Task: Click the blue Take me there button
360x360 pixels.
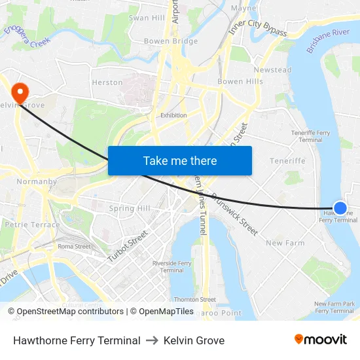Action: pos(180,161)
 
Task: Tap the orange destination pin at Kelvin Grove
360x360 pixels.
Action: pos(20,92)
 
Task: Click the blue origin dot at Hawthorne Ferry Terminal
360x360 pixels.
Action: pos(340,208)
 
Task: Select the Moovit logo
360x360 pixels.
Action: pos(320,340)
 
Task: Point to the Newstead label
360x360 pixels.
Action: pos(272,70)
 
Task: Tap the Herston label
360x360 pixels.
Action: pos(107,82)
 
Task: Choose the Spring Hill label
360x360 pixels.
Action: pos(130,209)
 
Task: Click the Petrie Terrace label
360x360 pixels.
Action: pos(32,225)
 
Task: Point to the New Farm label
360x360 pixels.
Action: pos(285,243)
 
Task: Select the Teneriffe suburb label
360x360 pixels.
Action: pos(288,161)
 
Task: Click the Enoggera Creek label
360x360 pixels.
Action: pos(27,35)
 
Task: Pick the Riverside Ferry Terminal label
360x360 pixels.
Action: pos(171,266)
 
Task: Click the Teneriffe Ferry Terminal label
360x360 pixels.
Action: pos(310,136)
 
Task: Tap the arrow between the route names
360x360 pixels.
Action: pos(152,340)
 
